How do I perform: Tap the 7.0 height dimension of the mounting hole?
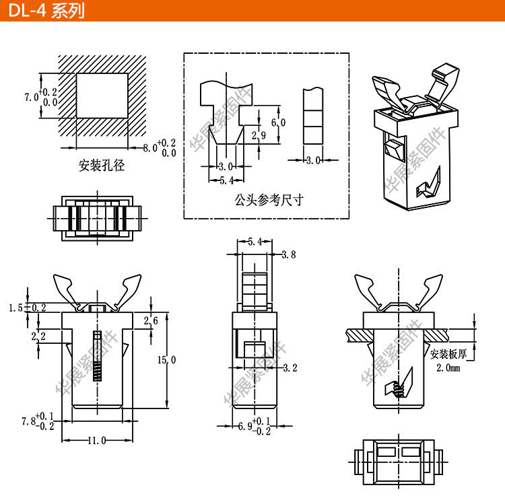coord(30,97)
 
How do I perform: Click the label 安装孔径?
coord(102,165)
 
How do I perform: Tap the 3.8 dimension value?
coord(288,254)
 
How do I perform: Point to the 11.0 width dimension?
coord(96,441)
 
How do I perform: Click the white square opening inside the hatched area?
coord(102,95)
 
